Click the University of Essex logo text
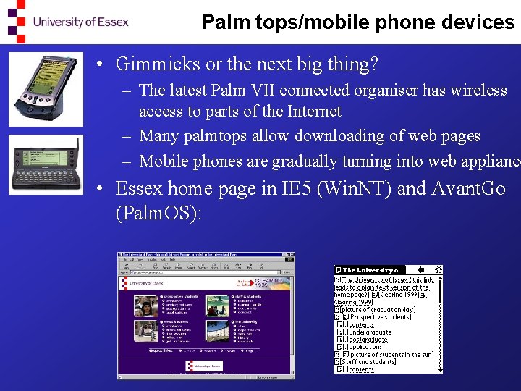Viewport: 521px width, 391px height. [x=80, y=22]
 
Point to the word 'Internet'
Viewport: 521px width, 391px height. [x=312, y=112]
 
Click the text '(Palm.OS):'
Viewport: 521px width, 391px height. [x=158, y=214]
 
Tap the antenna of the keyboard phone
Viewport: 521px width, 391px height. [x=74, y=143]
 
